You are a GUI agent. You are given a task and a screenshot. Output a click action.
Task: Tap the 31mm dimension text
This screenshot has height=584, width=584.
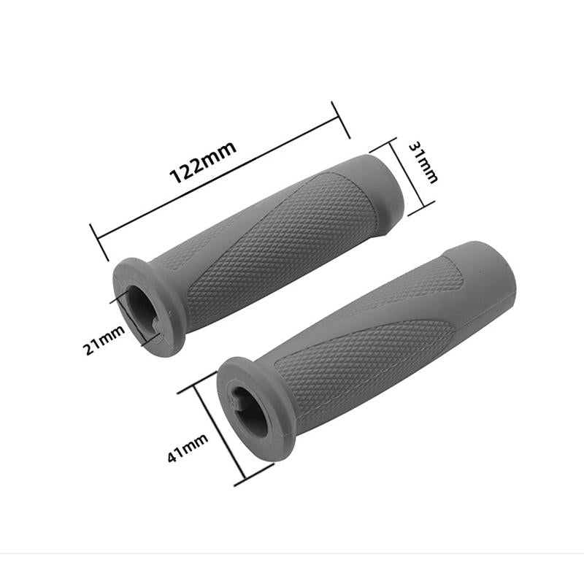click(x=424, y=163)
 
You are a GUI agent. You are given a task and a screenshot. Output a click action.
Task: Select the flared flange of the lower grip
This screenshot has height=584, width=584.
click(x=281, y=431)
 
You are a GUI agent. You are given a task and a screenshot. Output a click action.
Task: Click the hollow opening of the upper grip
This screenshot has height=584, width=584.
click(x=142, y=307)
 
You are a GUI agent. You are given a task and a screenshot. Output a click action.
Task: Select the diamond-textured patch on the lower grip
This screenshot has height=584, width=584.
click(x=365, y=350)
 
